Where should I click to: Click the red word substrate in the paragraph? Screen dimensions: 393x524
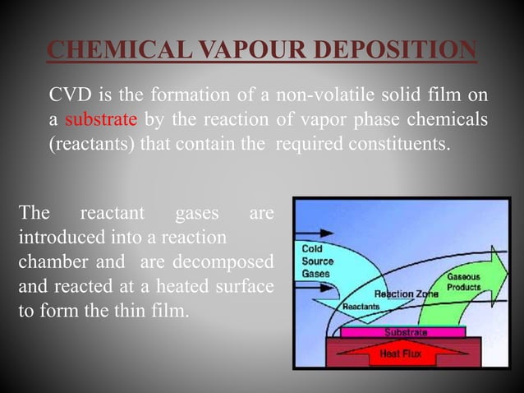point(101,120)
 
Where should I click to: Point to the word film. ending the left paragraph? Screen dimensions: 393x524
point(168,312)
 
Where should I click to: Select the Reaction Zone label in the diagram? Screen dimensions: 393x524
point(406,293)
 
